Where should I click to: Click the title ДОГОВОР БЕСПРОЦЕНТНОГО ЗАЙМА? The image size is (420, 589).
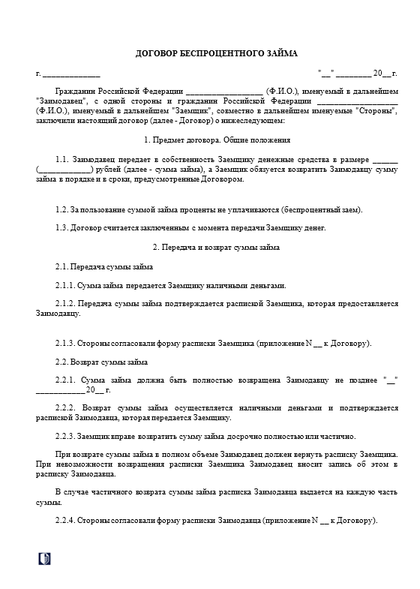(x=216, y=54)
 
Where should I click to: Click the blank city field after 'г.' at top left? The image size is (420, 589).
(x=71, y=74)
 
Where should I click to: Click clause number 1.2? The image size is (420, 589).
(x=62, y=209)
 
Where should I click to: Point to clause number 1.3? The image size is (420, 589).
(x=62, y=228)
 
